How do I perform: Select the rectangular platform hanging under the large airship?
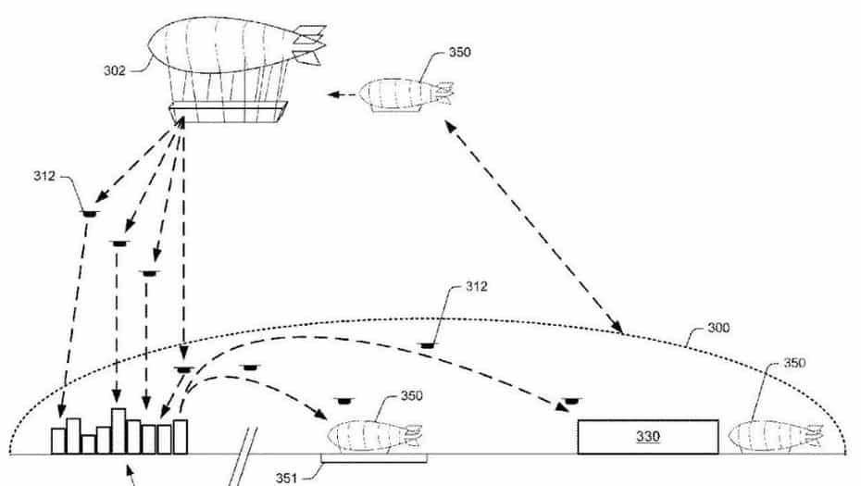click(228, 112)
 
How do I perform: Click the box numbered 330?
click(647, 436)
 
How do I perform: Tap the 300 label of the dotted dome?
click(718, 328)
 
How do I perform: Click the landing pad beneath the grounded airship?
click(373, 458)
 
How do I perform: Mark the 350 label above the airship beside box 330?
click(795, 363)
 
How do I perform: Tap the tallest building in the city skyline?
click(119, 430)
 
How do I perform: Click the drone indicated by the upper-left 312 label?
click(89, 214)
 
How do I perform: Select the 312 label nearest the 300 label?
click(475, 288)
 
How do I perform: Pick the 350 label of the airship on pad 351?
click(412, 396)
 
